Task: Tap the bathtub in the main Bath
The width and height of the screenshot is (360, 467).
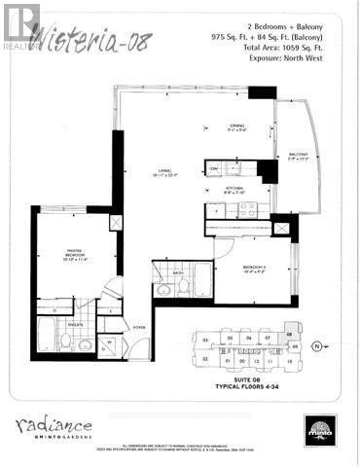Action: (x=202, y=279)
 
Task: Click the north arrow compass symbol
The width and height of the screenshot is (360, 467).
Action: (x=315, y=345)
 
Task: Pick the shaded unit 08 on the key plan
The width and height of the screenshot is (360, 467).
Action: (x=293, y=344)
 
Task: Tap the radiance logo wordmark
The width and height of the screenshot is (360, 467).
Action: (x=54, y=426)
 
